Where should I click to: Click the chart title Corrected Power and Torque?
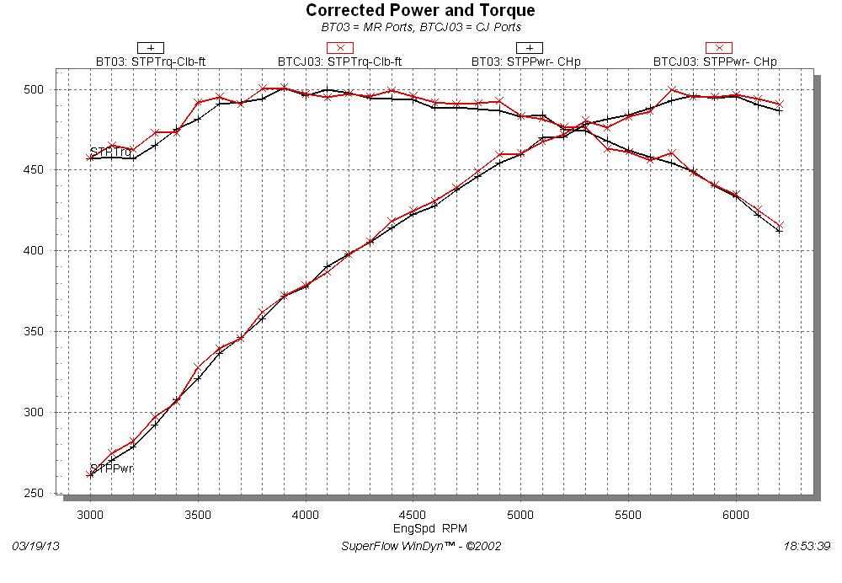[420, 11]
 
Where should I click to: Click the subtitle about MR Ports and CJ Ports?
[420, 27]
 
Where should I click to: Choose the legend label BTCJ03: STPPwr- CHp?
[715, 62]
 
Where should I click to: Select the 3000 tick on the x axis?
[90, 513]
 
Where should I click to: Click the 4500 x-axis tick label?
[413, 513]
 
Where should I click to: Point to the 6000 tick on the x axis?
[736, 513]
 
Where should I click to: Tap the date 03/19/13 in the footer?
[35, 546]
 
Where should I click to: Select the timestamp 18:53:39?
[807, 546]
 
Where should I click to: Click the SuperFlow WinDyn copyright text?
[421, 546]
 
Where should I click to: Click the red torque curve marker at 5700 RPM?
[672, 152]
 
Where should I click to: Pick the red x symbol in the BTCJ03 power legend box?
[718, 48]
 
